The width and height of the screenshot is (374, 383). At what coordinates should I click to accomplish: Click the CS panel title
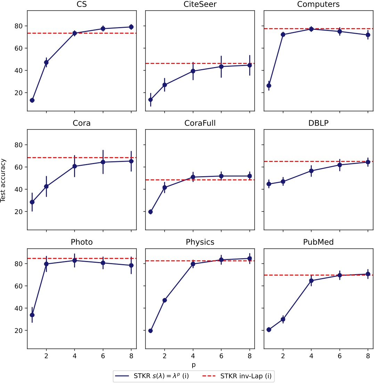pyautogui.click(x=81, y=5)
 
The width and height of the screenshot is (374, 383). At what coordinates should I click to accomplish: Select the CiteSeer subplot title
pyautogui.click(x=200, y=5)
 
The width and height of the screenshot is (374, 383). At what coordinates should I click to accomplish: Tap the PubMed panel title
pyautogui.click(x=318, y=242)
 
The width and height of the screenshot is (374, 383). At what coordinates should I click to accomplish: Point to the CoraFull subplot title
pyautogui.click(x=200, y=123)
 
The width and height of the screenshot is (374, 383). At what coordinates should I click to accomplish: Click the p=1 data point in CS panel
pyautogui.click(x=32, y=100)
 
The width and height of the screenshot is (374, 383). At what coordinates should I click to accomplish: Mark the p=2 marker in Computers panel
pyautogui.click(x=283, y=34)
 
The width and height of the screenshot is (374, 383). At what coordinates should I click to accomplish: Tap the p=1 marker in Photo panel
pyautogui.click(x=32, y=315)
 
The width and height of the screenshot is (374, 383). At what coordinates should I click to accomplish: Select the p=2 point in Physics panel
pyautogui.click(x=165, y=300)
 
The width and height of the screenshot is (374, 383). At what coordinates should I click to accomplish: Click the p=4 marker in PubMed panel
pyautogui.click(x=311, y=280)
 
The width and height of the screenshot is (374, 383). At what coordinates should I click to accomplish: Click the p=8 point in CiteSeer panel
pyautogui.click(x=249, y=65)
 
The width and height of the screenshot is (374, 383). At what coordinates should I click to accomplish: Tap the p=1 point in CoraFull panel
pyautogui.click(x=151, y=212)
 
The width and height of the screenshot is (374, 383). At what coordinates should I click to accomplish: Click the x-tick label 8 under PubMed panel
pyautogui.click(x=368, y=356)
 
